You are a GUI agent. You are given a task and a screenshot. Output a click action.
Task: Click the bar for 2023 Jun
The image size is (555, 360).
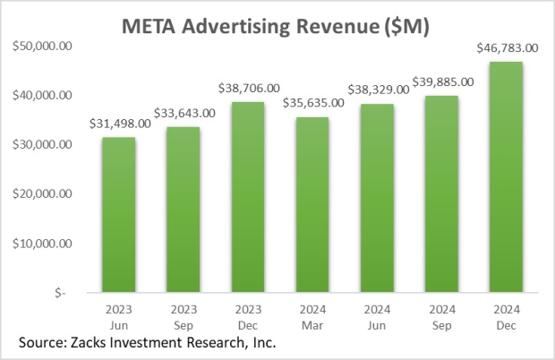118,215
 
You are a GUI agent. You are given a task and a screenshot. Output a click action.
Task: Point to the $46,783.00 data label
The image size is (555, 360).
507,48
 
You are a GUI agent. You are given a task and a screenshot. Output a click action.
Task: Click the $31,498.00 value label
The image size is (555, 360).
118,124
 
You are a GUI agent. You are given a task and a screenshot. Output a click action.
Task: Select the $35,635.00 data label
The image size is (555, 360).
313,103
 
